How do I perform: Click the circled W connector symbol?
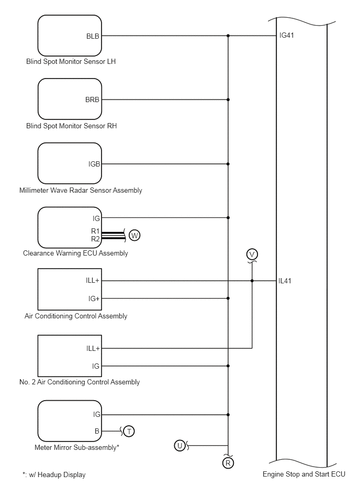[134, 236]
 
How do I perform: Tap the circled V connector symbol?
[252, 255]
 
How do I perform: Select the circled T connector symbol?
[129, 431]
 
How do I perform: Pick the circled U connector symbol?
[179, 446]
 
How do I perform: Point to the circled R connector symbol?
[228, 463]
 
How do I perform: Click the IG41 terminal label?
[287, 36]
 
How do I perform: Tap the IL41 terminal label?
[285, 281]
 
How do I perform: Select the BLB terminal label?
[93, 37]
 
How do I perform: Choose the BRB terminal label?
[92, 100]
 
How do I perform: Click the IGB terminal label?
[94, 164]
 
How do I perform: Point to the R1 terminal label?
[95, 231]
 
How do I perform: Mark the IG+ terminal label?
[94, 299]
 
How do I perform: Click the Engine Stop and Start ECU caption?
[304, 474]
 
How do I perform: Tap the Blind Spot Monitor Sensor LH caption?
[71, 61]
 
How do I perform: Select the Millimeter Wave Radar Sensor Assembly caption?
[81, 191]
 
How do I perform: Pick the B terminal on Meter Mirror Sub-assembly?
[97, 432]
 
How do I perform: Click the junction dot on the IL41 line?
[252, 281]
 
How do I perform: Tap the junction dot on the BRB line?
[228, 100]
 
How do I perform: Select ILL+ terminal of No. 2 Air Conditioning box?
[93, 349]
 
